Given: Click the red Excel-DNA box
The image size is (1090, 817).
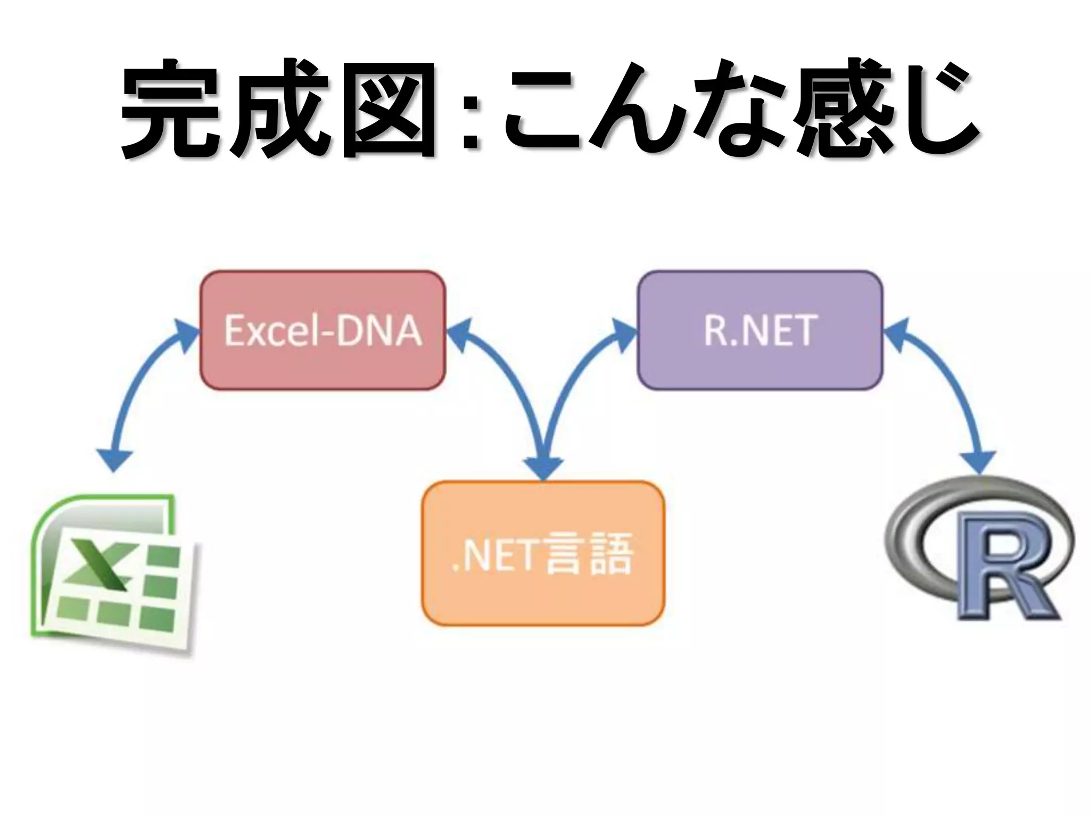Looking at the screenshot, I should click(323, 330).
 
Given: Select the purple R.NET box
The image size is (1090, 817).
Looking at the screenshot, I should click(760, 330).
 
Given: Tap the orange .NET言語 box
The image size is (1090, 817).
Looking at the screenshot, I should click(543, 553).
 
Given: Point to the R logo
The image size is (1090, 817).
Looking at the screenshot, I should click(979, 553).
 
